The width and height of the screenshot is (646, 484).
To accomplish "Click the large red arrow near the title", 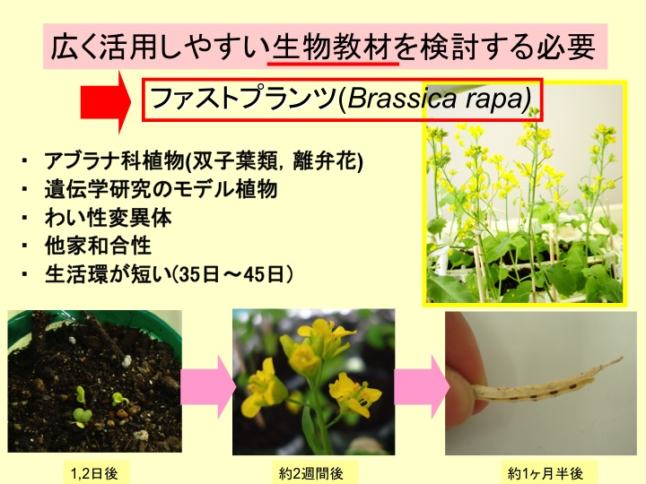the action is [106, 101].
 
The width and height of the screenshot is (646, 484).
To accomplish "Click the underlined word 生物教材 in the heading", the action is [333, 46].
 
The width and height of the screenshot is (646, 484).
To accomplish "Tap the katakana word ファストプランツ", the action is [244, 99].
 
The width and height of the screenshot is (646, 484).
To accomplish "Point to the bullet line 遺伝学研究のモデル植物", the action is [161, 189].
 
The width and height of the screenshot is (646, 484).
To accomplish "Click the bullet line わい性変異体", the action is [108, 218].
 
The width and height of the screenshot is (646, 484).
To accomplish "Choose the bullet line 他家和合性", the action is [98, 246].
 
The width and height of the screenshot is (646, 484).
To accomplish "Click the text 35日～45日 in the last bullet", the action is [232, 274].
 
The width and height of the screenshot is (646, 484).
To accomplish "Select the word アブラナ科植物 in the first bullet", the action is [115, 160].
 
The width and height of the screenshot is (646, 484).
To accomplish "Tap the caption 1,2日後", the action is [95, 474].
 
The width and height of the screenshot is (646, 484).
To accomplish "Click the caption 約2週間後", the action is [311, 474].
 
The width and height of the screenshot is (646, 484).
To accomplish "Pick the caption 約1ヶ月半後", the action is [546, 474].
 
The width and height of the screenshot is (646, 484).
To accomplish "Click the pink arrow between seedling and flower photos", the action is [207, 387].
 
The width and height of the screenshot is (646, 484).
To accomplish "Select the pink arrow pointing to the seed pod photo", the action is [422, 387].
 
